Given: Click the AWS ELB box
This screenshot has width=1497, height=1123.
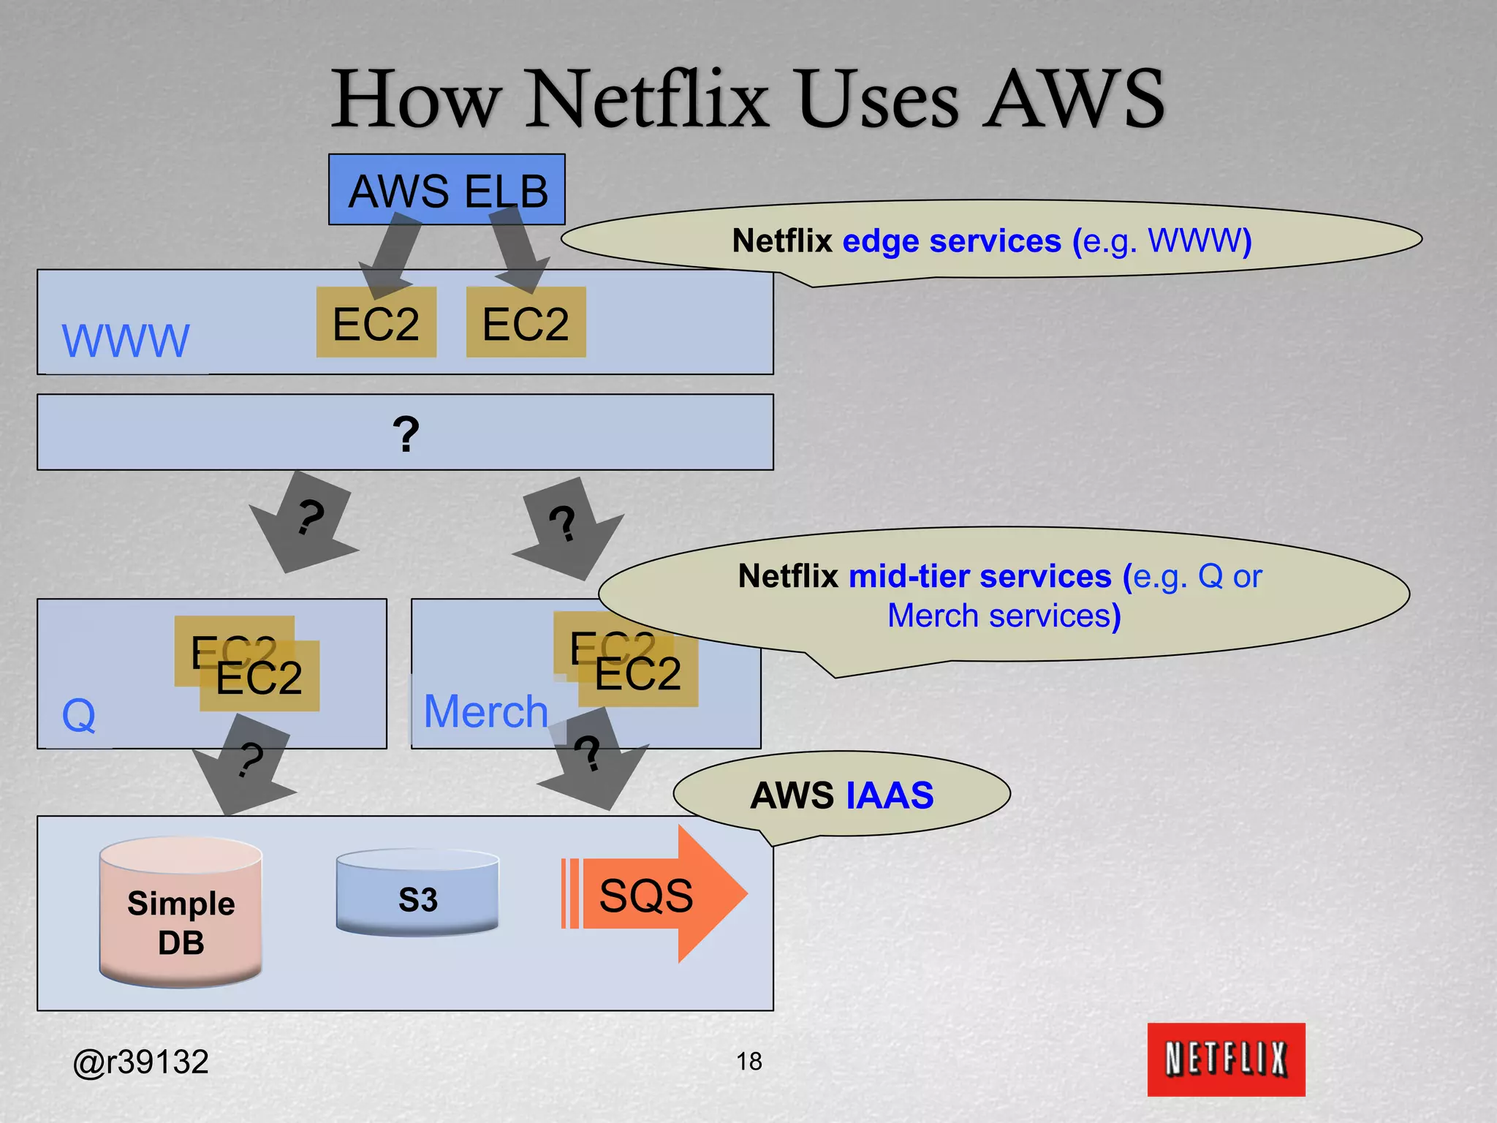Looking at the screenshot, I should coord(447,189).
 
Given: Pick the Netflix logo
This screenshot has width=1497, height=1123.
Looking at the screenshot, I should coord(1225,1059).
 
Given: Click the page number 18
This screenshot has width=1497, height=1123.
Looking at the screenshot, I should coord(748,1061).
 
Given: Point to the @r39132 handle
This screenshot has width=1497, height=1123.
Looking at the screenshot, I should coord(141,1062).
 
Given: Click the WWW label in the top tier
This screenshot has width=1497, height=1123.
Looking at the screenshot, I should coord(126,341).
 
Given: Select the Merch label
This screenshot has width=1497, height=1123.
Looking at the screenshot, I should coord(485,711).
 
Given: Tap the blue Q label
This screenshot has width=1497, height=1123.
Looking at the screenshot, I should coord(79,715).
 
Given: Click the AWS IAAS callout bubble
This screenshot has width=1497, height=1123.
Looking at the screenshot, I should coord(841,795).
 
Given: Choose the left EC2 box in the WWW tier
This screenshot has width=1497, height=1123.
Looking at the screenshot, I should coord(376,323).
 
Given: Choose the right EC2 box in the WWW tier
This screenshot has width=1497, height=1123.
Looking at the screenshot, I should coord(526,323).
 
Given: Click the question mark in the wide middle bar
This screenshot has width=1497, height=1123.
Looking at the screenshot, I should coord(406,434).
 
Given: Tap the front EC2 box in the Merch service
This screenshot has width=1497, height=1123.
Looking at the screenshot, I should coord(638,674).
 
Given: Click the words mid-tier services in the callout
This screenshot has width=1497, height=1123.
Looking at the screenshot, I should coord(979,576).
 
